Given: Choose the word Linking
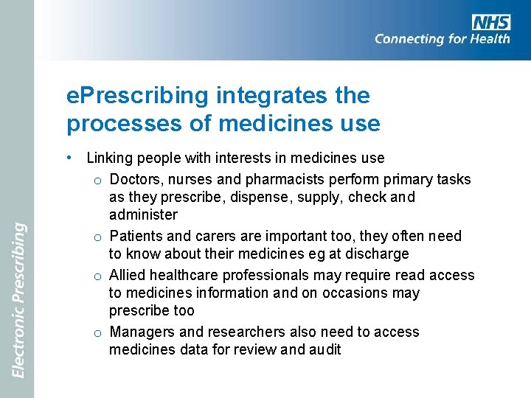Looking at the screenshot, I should coord(109,158).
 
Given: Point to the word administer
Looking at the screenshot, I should coord(143,215).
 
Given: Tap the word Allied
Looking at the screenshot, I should coord(128,275).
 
